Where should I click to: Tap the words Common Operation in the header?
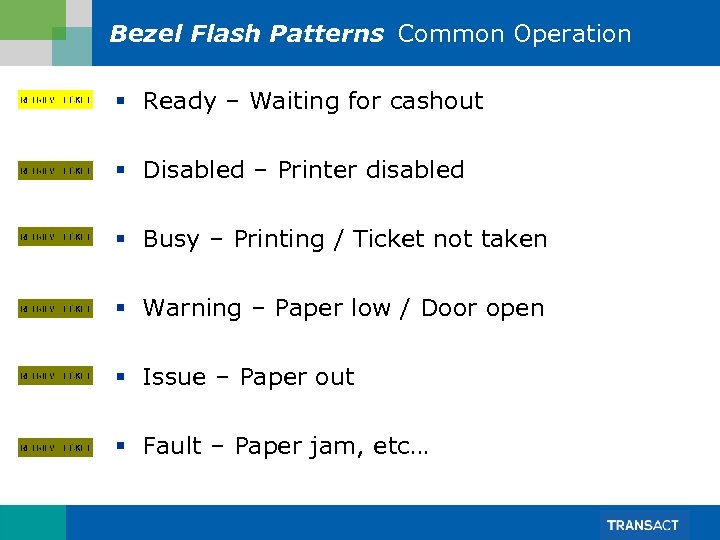click(x=514, y=34)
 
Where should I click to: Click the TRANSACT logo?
click(x=642, y=525)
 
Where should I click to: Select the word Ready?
click(x=180, y=102)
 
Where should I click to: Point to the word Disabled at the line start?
click(x=188, y=170)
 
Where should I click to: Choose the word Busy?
click(x=171, y=240)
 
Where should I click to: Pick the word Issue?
click(x=174, y=377)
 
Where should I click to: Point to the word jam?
click(x=340, y=447)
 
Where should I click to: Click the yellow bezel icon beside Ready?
click(x=56, y=101)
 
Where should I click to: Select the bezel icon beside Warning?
click(x=56, y=308)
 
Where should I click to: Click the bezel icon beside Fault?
click(x=56, y=446)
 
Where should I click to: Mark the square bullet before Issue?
click(x=120, y=378)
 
